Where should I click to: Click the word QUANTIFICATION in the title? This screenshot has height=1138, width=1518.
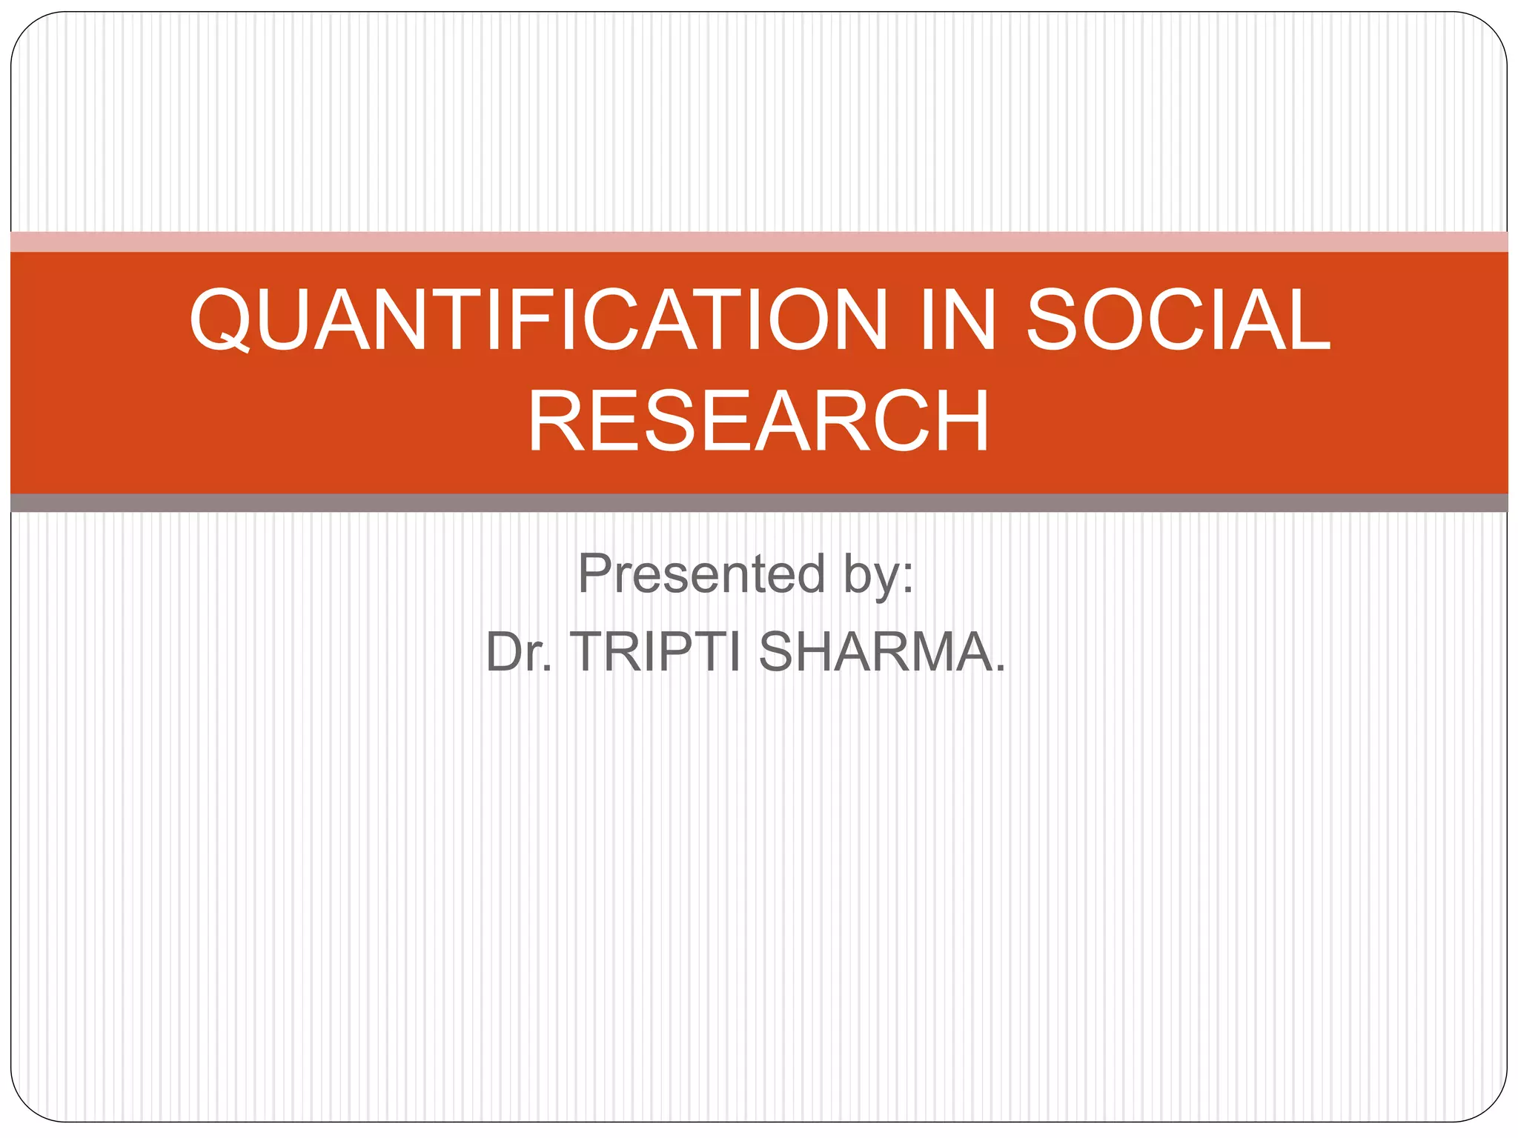click(x=538, y=319)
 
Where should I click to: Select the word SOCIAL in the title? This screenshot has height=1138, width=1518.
click(x=1179, y=319)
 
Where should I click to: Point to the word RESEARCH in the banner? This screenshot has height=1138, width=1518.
click(x=758, y=422)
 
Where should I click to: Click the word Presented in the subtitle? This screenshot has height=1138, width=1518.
click(x=701, y=573)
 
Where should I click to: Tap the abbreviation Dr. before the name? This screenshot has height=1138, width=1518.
click(x=519, y=652)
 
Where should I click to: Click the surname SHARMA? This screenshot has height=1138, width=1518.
click(x=875, y=652)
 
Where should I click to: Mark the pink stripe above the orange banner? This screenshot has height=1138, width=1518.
click(x=759, y=242)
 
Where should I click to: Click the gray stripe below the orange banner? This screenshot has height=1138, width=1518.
click(x=759, y=503)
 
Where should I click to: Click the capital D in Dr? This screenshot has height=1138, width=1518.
click(x=505, y=652)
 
